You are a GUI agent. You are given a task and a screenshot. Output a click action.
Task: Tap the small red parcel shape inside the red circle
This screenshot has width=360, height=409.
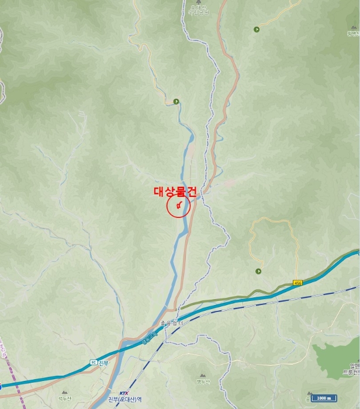[x=179, y=205]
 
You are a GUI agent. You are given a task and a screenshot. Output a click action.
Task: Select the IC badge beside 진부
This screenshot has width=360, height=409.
[x=93, y=362]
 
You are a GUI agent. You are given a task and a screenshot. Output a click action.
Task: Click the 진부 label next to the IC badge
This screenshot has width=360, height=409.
[x=103, y=362]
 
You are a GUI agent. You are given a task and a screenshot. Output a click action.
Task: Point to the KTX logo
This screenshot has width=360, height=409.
[x=123, y=393]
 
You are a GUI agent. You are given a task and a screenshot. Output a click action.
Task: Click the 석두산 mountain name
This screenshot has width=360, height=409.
[x=64, y=398]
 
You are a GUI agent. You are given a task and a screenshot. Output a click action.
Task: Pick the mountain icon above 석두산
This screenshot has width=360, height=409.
[x=64, y=392]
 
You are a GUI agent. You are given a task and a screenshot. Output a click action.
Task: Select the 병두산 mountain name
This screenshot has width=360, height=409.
[x=203, y=382]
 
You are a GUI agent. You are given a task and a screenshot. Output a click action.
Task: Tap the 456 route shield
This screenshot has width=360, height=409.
[x=297, y=283]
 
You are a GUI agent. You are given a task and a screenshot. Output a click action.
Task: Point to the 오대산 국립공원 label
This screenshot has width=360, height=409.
[x=199, y=11]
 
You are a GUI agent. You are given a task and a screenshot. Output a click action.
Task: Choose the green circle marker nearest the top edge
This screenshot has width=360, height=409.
[x=256, y=29]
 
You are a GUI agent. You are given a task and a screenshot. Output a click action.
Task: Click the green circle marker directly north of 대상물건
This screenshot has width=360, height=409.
[x=176, y=101]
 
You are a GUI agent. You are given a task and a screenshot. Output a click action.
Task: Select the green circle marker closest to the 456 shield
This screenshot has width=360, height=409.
[x=258, y=271]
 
